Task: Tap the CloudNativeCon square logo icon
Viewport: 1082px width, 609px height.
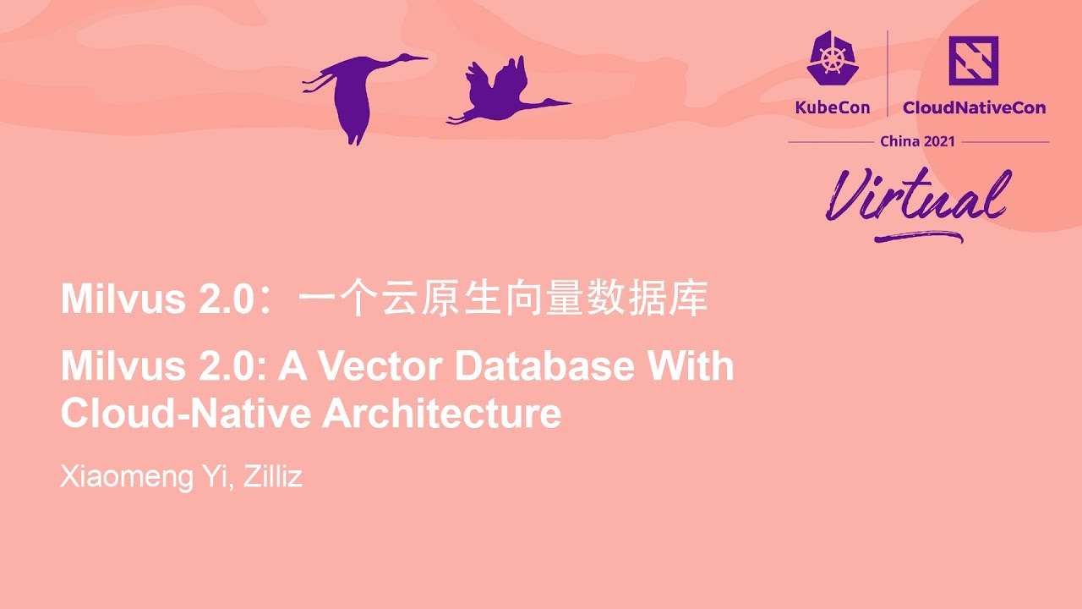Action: (x=973, y=60)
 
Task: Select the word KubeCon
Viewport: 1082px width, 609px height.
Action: (x=832, y=107)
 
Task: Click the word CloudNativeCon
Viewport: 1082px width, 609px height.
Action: (x=974, y=107)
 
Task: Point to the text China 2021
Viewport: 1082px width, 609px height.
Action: (x=917, y=141)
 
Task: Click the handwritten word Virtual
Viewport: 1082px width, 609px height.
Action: (x=917, y=197)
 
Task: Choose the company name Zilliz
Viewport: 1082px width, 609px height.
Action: (x=273, y=477)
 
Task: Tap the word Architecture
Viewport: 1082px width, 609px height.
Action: (x=442, y=414)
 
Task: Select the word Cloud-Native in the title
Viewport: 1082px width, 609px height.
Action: (x=185, y=414)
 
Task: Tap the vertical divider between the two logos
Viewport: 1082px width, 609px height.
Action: (x=887, y=74)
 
